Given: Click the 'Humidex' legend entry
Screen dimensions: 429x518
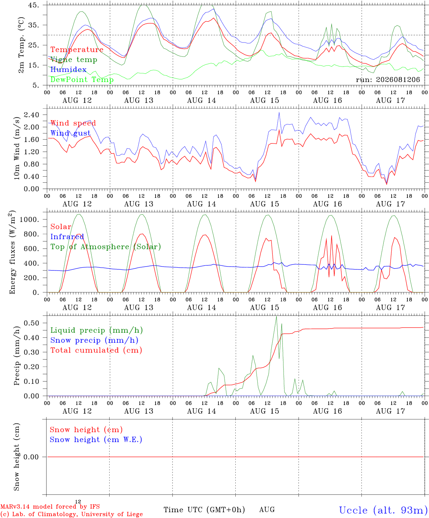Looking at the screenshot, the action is coord(68,69).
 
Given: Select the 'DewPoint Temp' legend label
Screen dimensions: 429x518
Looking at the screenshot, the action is coord(82,79).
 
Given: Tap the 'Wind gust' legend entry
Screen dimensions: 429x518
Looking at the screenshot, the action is coord(71,133).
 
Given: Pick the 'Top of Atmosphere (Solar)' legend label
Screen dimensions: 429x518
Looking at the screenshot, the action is coord(106,247).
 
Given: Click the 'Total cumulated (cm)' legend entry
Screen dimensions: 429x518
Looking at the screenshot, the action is coord(96,350).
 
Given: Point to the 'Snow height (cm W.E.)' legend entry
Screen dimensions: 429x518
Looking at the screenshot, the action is coord(96,439).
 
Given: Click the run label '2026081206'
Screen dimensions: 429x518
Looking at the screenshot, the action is coord(398,79).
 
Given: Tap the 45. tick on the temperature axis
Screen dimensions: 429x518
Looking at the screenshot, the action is coord(33,5).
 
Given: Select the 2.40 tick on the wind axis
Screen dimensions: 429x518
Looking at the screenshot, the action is coord(32,115).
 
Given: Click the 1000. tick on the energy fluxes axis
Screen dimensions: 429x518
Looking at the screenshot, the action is coord(29,219).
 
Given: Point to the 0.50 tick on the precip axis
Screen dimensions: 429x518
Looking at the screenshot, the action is coord(32,323).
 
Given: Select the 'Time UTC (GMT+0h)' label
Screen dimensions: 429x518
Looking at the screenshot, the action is coord(204,510).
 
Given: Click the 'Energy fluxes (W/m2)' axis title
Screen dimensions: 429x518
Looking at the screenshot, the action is coord(12,252).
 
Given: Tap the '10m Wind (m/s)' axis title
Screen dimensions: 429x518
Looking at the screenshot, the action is coord(17,148).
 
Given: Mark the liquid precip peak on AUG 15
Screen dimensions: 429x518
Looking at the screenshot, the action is coord(276,316).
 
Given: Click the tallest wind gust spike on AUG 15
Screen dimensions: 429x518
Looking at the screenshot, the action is coord(279,112).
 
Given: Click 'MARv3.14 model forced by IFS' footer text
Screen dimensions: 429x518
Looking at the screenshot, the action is coord(50,506).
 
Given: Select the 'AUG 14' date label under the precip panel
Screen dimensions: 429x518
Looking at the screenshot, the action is coord(202,411).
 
